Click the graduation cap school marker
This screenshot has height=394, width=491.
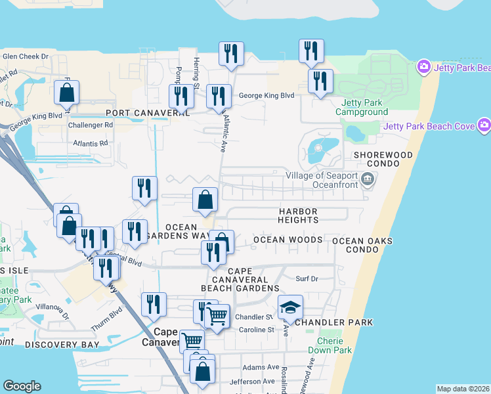click(289, 307)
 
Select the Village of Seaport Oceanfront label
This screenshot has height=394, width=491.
click(322, 180)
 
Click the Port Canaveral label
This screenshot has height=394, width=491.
click(142, 113)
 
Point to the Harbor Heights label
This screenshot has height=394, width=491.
click(298, 215)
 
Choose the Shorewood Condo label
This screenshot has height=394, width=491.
click(383, 159)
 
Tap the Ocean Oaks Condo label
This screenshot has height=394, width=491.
click(362, 246)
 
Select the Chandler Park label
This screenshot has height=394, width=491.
click(334, 322)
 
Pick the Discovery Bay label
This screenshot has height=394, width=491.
click(62, 344)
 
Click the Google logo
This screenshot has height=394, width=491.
click(22, 386)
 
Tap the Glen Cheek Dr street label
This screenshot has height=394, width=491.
click(26, 56)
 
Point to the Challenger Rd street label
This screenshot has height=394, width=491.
click(91, 125)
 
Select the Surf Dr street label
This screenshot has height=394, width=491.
click(307, 279)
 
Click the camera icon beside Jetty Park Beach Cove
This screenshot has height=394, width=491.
click(484, 125)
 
